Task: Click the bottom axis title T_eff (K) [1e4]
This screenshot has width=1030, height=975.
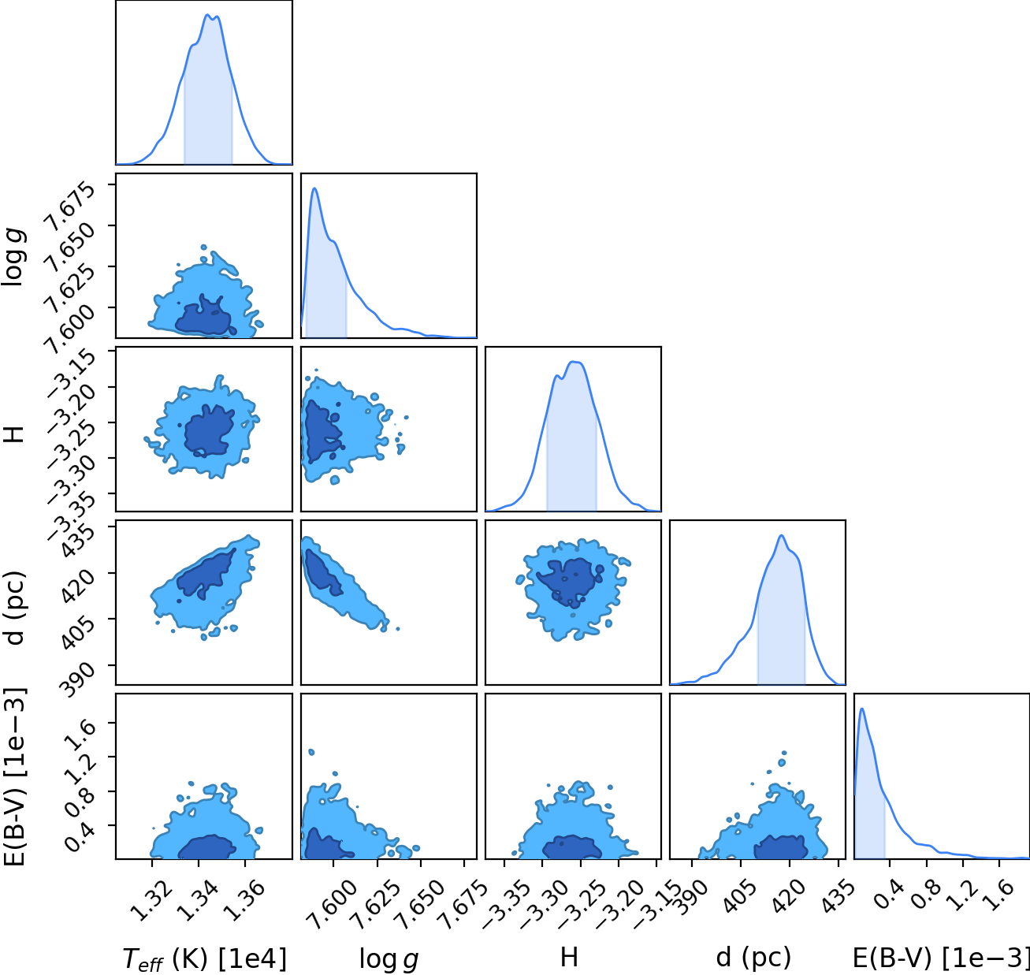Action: coord(205,958)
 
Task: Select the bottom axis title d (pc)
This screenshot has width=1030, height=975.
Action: coord(753,957)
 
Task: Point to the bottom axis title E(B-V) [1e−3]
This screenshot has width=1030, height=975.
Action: coord(941,958)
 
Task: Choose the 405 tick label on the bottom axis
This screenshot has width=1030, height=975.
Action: coord(740,898)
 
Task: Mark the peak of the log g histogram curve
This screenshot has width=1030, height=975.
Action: coord(315,188)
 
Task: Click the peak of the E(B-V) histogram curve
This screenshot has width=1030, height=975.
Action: coord(862,709)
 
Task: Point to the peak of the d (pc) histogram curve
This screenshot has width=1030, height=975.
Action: coord(782,535)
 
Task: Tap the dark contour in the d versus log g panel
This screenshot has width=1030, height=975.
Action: coord(323,573)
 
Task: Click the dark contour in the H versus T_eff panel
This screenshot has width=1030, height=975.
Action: coord(209,430)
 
